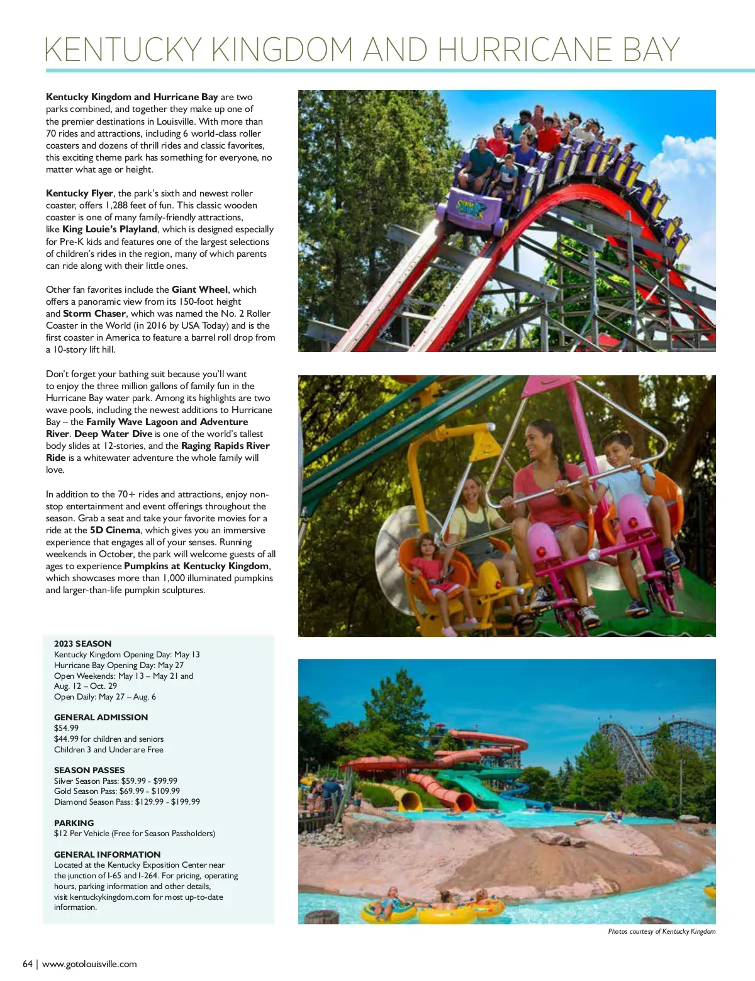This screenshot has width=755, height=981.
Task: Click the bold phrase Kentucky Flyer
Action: [x=79, y=193]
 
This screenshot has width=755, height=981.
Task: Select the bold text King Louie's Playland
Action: [x=109, y=229]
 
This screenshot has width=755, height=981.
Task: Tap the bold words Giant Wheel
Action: [x=199, y=290]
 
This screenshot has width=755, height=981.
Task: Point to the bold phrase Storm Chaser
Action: [x=94, y=314]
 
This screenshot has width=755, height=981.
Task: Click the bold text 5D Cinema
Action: [x=115, y=530]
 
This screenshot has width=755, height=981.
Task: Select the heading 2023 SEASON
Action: [x=82, y=644]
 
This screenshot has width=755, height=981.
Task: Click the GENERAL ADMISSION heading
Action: [x=101, y=717]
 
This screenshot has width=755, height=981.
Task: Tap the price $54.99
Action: [x=66, y=728]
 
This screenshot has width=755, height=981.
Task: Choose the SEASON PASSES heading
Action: [x=89, y=770]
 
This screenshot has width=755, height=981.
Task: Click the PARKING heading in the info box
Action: [x=74, y=823]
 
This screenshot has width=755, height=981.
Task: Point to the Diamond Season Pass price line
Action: [x=127, y=802]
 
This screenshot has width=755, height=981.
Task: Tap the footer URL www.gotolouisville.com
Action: [x=89, y=964]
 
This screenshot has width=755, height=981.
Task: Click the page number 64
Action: [x=28, y=964]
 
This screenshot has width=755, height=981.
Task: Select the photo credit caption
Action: [x=661, y=931]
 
